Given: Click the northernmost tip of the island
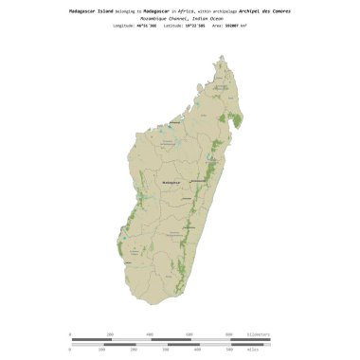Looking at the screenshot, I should click(224, 56).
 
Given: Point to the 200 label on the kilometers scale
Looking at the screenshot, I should click(111, 334).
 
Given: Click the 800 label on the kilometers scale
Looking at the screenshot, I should click(229, 334).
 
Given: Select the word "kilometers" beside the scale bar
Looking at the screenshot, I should click(253, 334).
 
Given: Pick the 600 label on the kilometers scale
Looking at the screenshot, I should click(189, 334).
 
